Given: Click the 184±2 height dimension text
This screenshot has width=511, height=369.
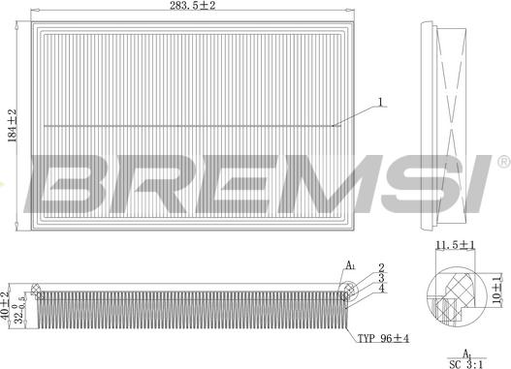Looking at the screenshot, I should [10, 124].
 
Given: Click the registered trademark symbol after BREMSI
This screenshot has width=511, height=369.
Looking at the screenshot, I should [503, 160].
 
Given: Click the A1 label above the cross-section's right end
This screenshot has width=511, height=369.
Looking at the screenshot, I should [350, 264].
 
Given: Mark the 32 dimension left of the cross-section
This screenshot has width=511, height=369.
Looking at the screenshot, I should [18, 309].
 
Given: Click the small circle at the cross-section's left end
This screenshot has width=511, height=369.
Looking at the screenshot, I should [38, 288].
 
